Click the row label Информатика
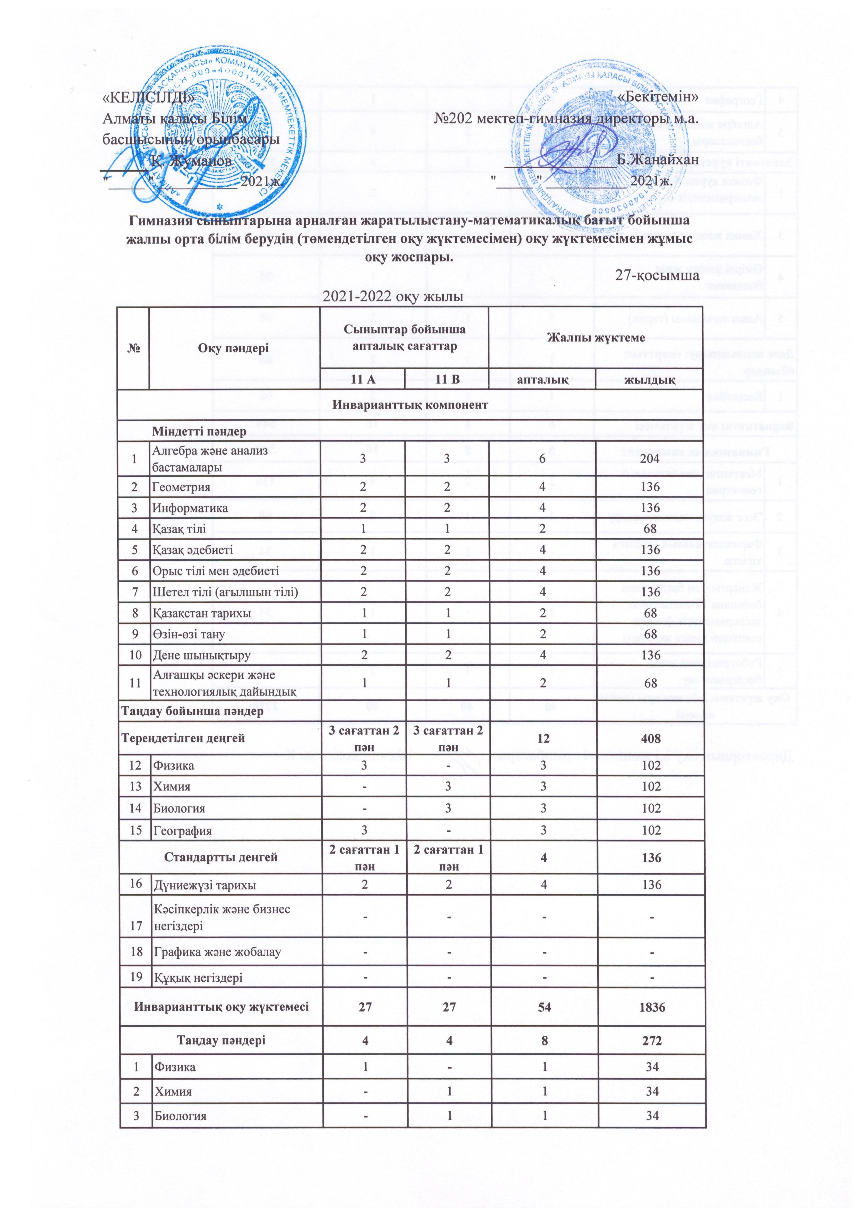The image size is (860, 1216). pos(191,508)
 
